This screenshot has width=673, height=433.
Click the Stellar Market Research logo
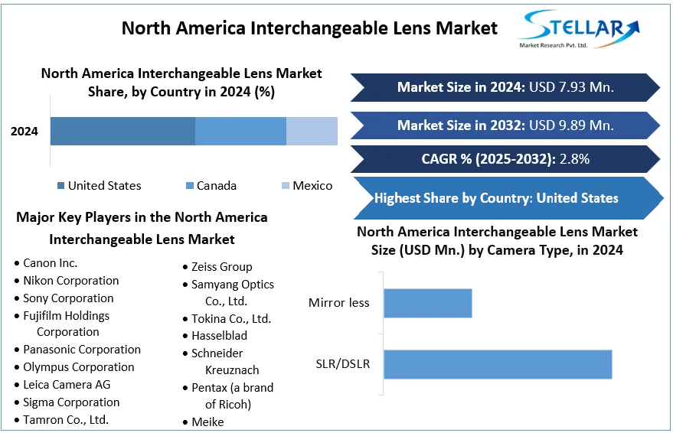point(579,30)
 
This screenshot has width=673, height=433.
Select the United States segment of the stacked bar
point(123,131)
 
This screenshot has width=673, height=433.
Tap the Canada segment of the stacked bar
point(240,131)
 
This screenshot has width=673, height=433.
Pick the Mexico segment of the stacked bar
point(312,131)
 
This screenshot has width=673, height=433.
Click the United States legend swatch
point(60,186)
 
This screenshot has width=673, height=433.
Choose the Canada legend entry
point(216,186)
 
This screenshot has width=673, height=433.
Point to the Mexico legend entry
point(312,186)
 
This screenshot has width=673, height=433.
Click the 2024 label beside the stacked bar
point(25,132)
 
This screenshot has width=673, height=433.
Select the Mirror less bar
point(427,303)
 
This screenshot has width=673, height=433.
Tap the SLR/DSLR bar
point(498,364)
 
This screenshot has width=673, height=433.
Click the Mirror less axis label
point(338,303)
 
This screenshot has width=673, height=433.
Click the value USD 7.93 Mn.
point(570,87)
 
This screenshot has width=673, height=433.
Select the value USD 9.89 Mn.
point(570,125)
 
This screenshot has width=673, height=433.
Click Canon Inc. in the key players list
point(51,263)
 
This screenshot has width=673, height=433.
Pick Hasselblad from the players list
point(219,336)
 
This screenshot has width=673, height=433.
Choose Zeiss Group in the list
point(221,267)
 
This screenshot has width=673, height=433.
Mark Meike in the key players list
point(208,422)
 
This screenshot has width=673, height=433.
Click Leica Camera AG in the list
point(67,385)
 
